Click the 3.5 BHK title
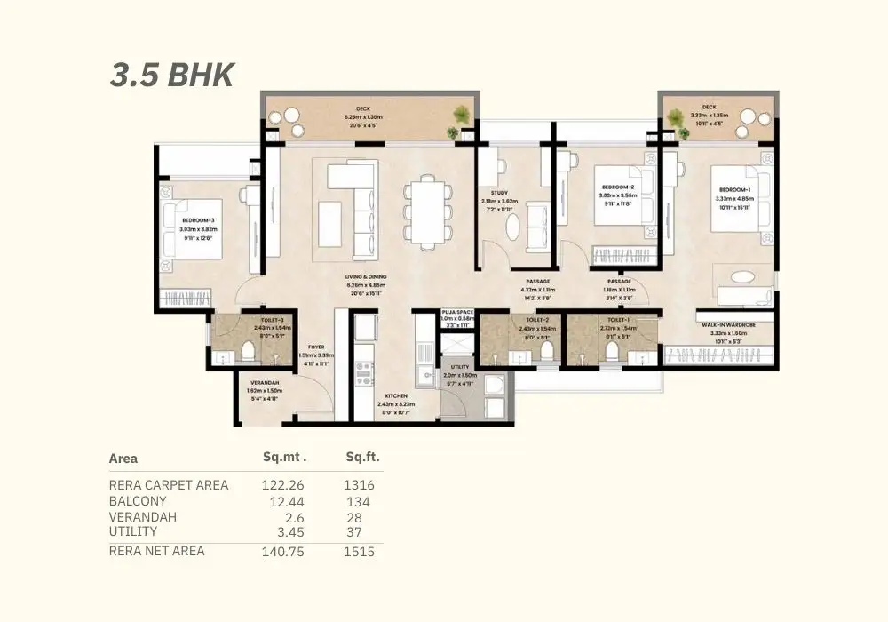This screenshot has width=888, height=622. (171, 75)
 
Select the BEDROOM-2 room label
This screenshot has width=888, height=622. (618, 187)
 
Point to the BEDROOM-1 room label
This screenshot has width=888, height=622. (734, 190)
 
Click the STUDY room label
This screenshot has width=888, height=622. (498, 192)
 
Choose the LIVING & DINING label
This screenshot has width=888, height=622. (366, 276)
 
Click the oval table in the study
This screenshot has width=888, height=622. (514, 226)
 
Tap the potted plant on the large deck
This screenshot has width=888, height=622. (461, 115)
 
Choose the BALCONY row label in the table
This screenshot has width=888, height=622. (139, 502)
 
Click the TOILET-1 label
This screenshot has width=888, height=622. (619, 320)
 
